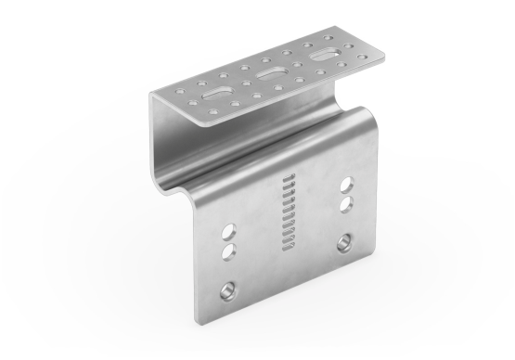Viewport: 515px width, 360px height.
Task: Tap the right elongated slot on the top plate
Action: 325,57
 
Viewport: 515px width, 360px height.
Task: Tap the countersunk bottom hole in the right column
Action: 344,242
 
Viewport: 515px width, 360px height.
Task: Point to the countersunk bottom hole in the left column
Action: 225,293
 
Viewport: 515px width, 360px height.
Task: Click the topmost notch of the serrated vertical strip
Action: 287,176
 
